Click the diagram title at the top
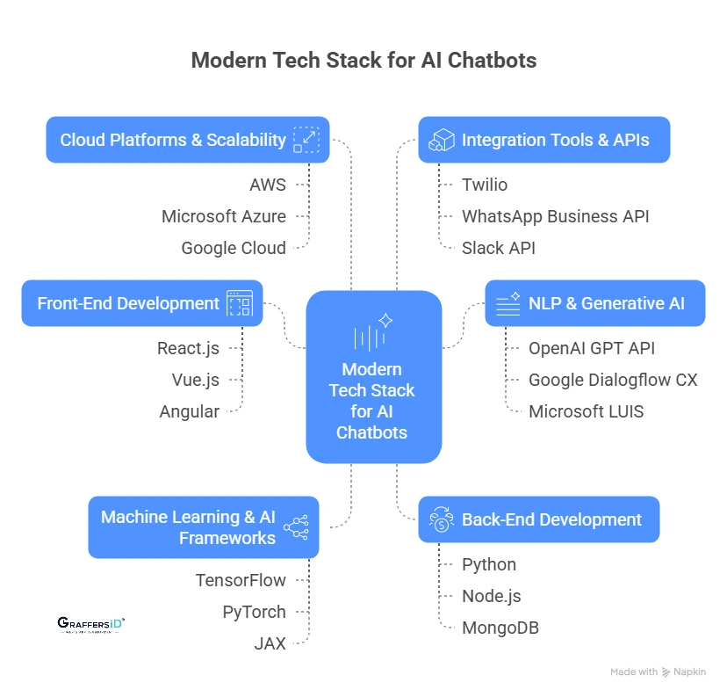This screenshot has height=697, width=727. (x=363, y=61)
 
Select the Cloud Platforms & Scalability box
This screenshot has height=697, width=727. (x=187, y=140)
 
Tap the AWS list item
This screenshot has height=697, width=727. (x=268, y=185)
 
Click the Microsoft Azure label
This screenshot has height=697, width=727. (x=224, y=216)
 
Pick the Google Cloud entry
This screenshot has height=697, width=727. (x=234, y=248)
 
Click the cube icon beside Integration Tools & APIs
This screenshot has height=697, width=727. (x=441, y=140)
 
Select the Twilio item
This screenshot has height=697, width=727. (x=485, y=185)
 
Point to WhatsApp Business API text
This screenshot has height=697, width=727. (x=556, y=216)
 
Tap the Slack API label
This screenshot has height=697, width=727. (x=499, y=248)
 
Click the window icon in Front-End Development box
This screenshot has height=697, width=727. (x=239, y=304)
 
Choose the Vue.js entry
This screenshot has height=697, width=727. (x=196, y=380)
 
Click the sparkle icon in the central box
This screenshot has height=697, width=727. (x=385, y=320)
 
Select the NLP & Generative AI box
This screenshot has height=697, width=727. (x=595, y=304)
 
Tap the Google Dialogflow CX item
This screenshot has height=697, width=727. (x=613, y=380)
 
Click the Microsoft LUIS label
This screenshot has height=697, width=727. (x=586, y=411)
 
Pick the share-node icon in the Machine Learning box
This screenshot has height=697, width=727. (x=296, y=527)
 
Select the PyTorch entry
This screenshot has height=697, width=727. (x=254, y=612)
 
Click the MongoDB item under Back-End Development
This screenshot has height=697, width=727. (x=500, y=628)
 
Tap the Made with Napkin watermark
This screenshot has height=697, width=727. (x=658, y=672)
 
